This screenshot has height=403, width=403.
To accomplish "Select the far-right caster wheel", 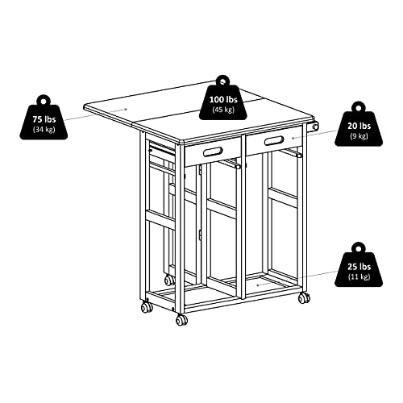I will click(x=303, y=298).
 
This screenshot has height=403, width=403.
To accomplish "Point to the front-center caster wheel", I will click(x=182, y=319).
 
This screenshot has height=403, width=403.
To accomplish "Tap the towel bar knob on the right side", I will click(x=316, y=127).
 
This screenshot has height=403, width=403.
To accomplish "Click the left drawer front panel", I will click(x=214, y=151).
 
